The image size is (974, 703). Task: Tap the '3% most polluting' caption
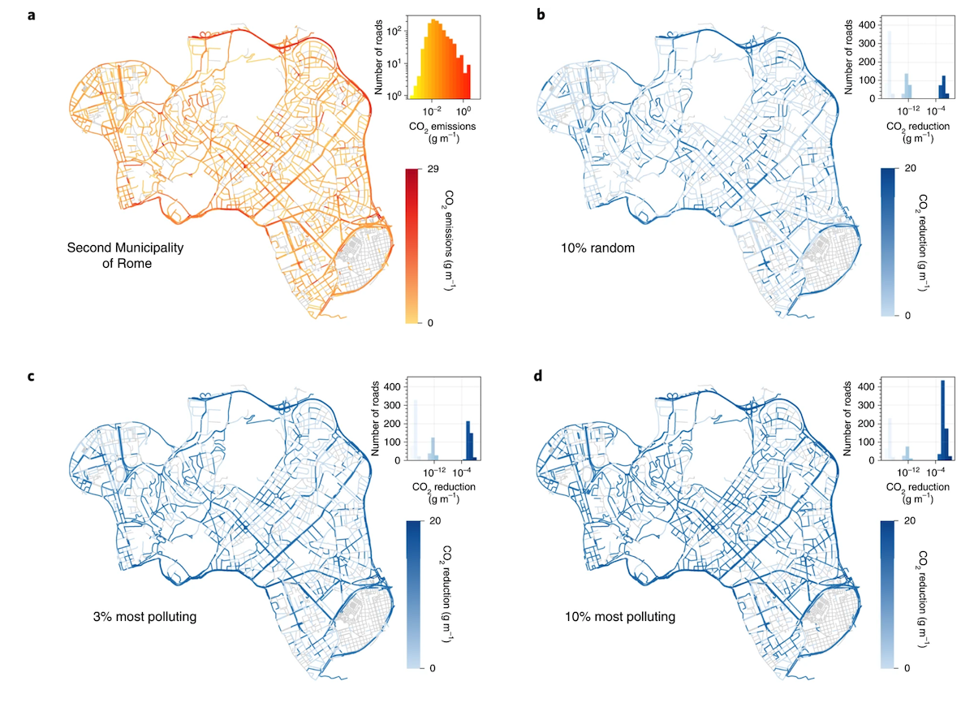(x=144, y=617)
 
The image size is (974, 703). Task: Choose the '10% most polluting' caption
(x=620, y=617)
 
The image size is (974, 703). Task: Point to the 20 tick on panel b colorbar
(x=910, y=168)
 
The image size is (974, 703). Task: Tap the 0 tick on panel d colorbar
(x=907, y=668)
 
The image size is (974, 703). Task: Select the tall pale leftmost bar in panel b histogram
(x=890, y=65)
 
